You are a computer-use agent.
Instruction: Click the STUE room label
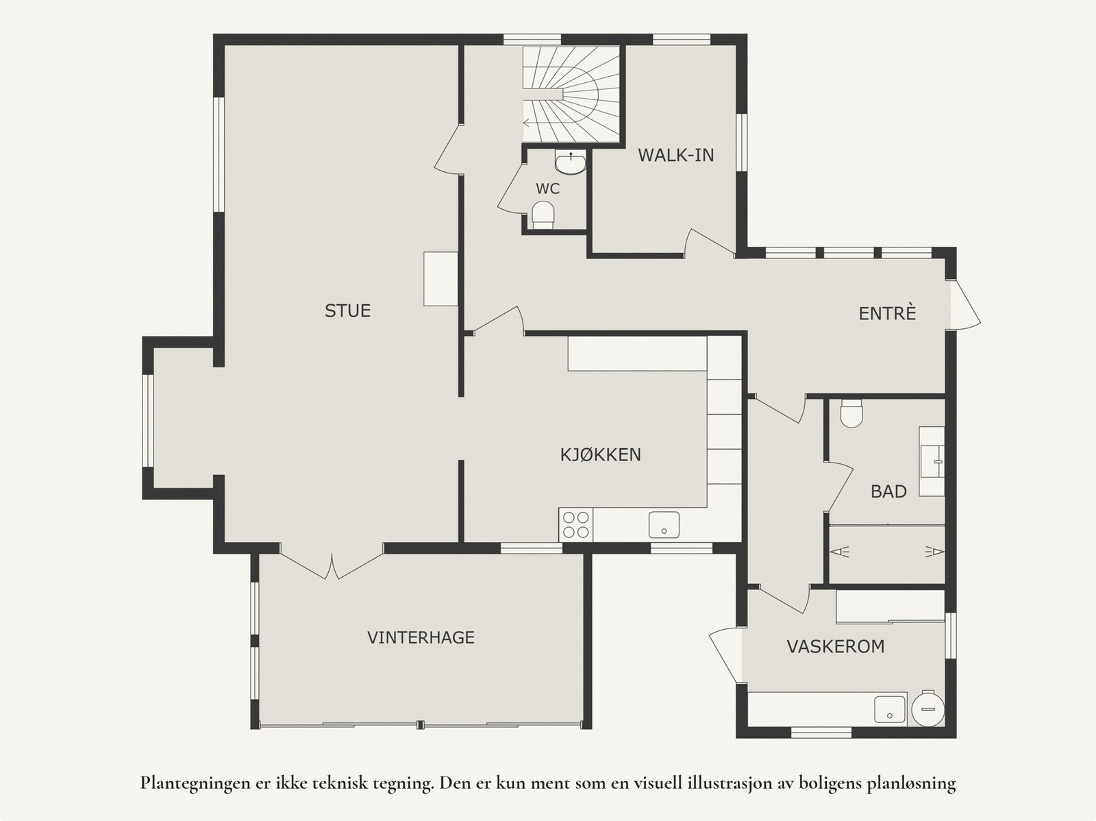[x=347, y=310]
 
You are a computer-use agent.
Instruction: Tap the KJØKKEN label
[x=601, y=454]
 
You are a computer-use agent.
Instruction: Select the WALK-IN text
[x=675, y=155]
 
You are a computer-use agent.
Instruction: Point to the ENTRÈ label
[x=887, y=313]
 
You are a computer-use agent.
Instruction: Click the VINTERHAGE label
[x=421, y=637]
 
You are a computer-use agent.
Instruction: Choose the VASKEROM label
[x=836, y=646]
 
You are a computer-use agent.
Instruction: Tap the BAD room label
[x=888, y=491]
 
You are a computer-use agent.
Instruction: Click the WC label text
[x=548, y=188]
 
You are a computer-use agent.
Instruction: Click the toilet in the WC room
[x=543, y=215]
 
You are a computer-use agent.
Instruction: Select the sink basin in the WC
[x=570, y=163]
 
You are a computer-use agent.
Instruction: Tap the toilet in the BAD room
[x=852, y=413]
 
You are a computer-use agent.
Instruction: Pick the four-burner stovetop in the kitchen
[x=575, y=524]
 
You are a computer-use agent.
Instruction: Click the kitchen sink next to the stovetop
[x=664, y=525]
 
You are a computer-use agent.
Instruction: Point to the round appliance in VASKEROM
[x=928, y=709]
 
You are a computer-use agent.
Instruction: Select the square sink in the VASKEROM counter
[x=890, y=709]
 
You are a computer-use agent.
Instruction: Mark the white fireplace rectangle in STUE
[x=441, y=279]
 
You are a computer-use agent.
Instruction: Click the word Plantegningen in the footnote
[x=195, y=783]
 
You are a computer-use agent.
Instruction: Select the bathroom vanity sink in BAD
[x=932, y=461]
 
